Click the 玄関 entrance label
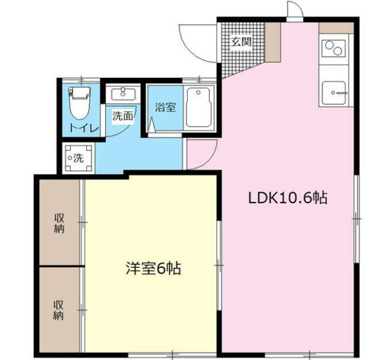tap(241, 42)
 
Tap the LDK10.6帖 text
tap(288, 198)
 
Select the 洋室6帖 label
tap(153, 269)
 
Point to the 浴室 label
tap(166, 107)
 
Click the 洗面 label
tap(123, 115)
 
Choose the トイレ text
tap(84, 128)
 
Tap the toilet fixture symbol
tap(79, 103)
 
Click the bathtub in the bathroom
tap(199, 108)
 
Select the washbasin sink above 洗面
tap(123, 93)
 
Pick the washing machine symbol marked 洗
tap(79, 158)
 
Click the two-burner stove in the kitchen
tap(334, 48)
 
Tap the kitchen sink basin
tap(334, 93)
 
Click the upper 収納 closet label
tap(59, 223)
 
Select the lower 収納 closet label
tap(58, 310)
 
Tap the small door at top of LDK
tap(295, 10)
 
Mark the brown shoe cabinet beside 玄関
tap(273, 43)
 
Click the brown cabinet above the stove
tap(336, 28)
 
